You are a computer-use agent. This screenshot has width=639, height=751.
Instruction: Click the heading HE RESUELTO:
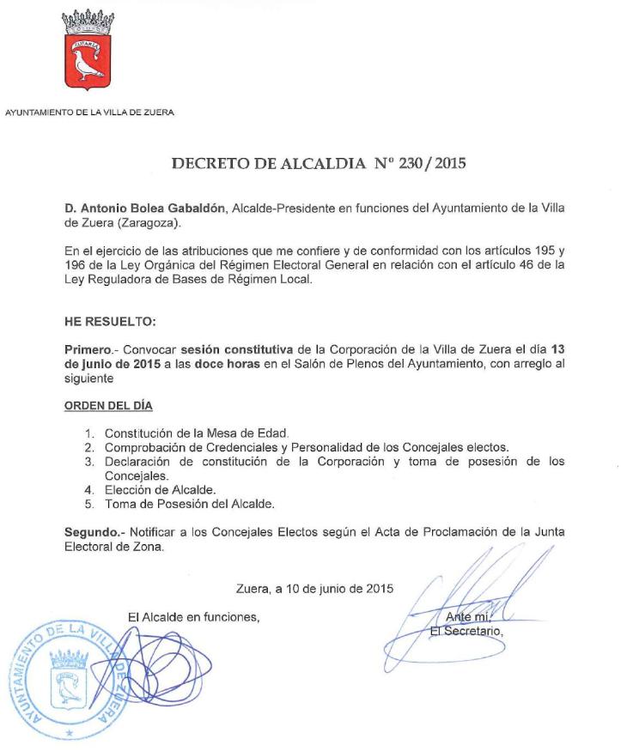pyautogui.click(x=99, y=321)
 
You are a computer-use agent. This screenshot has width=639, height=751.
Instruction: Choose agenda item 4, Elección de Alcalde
pyautogui.click(x=160, y=488)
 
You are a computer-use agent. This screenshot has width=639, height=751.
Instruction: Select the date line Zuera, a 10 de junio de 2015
pyautogui.click(x=314, y=589)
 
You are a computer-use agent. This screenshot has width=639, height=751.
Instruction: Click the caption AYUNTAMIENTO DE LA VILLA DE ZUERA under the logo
pyautogui.click(x=90, y=111)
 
